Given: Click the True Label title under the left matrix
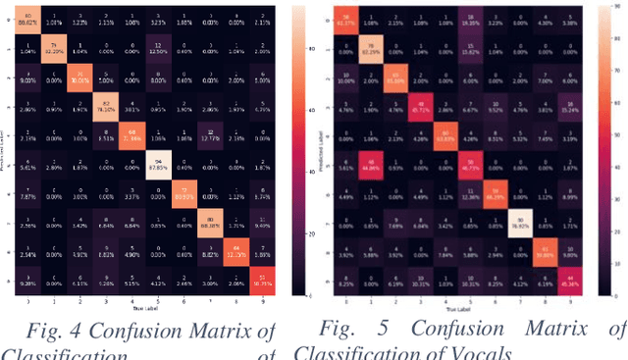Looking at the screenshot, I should click(134, 310).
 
